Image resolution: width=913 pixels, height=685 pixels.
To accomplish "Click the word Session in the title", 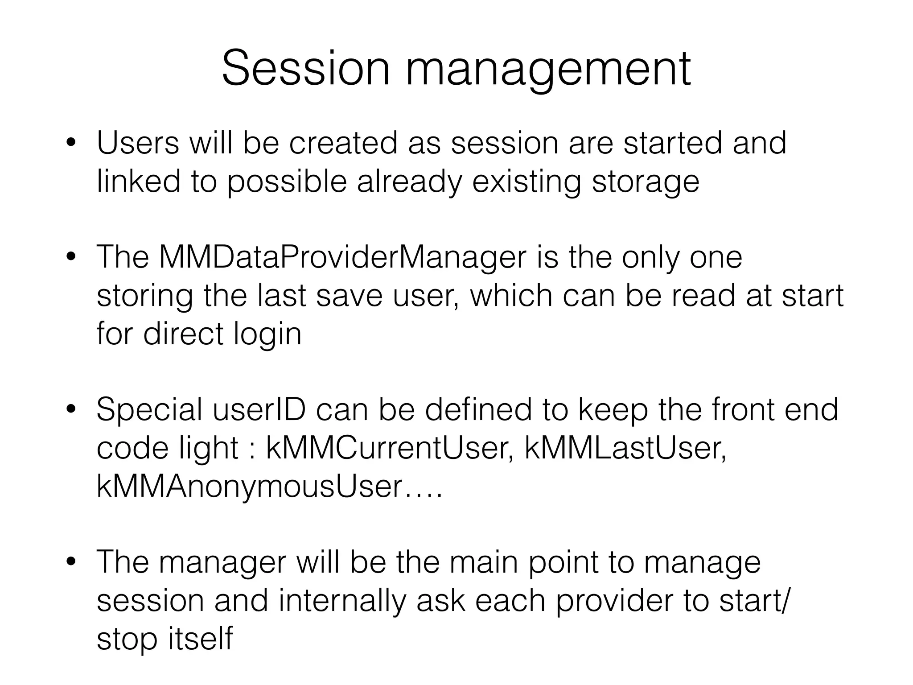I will tap(306, 68).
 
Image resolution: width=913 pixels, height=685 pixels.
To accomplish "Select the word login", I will tap(267, 334).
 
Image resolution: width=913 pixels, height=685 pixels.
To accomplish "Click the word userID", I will tap(259, 409).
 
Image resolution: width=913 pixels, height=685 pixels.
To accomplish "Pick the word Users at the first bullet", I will tap(138, 144).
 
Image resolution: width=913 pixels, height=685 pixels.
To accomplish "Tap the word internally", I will tap(342, 601).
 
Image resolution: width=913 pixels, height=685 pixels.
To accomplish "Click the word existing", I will tap(526, 182).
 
